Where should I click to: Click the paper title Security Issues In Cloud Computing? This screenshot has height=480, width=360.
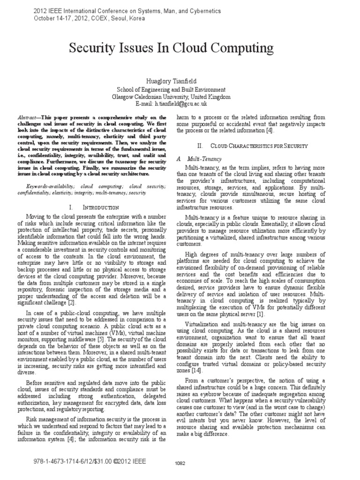171,48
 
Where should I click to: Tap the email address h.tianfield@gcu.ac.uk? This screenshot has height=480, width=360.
171,104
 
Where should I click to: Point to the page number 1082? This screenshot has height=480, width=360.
180,463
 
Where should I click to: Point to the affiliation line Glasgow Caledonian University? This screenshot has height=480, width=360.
171,97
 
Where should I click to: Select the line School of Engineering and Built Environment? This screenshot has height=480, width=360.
171,89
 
